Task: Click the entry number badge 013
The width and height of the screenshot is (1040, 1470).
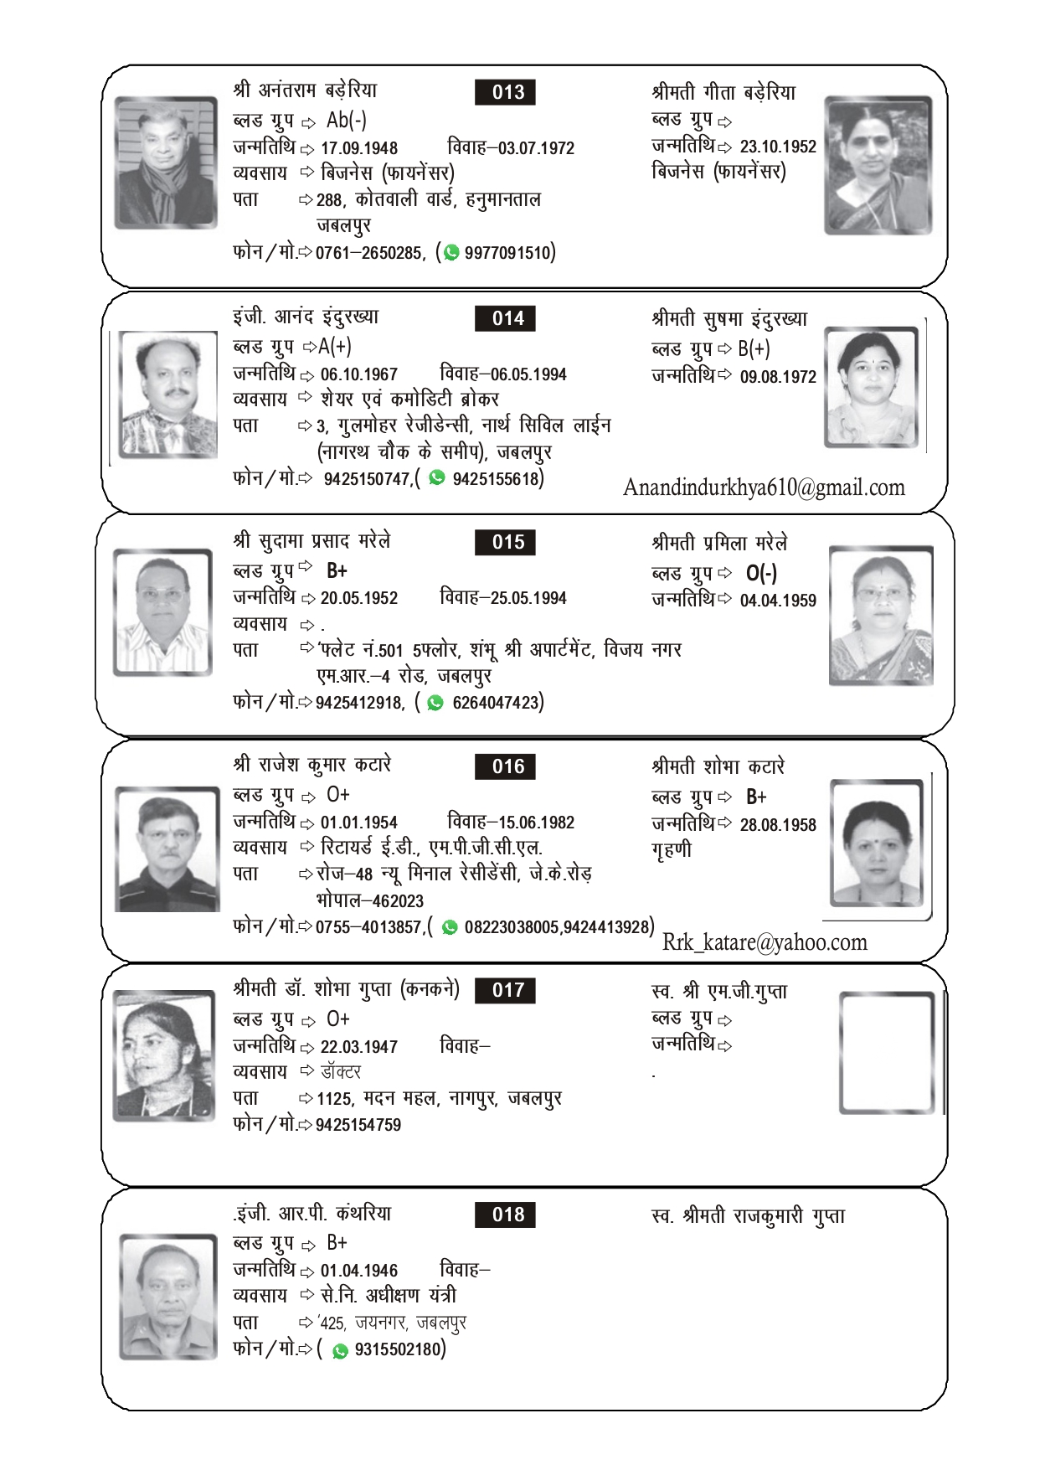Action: point(505,92)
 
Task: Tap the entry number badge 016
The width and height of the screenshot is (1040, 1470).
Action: point(505,766)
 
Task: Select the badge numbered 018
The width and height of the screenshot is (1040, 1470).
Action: point(505,1215)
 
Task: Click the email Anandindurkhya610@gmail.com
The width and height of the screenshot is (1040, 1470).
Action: point(764,487)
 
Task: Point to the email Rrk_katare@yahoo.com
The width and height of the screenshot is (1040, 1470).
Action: point(765,942)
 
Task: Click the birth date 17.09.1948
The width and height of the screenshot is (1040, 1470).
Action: point(359,148)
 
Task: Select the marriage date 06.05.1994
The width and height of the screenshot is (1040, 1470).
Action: point(528,374)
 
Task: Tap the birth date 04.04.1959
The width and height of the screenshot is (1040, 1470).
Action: point(778,601)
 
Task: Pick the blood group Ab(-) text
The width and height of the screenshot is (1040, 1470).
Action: point(347,121)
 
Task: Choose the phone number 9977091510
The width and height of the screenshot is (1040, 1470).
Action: point(508,253)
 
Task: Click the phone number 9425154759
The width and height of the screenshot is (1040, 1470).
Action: point(358,1125)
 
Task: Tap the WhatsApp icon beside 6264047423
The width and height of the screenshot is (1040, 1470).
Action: point(435,703)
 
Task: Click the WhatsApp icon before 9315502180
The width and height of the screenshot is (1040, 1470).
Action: point(340,1351)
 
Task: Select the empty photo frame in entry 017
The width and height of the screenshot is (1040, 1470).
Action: point(887,1053)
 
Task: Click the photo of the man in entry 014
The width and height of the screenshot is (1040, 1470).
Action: point(167,394)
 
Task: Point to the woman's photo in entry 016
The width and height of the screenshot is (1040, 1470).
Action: point(877,843)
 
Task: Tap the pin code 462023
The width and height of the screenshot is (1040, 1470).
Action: point(398,901)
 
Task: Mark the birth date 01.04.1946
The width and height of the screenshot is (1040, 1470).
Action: point(359,1271)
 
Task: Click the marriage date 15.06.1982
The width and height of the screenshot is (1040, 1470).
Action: point(536,823)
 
